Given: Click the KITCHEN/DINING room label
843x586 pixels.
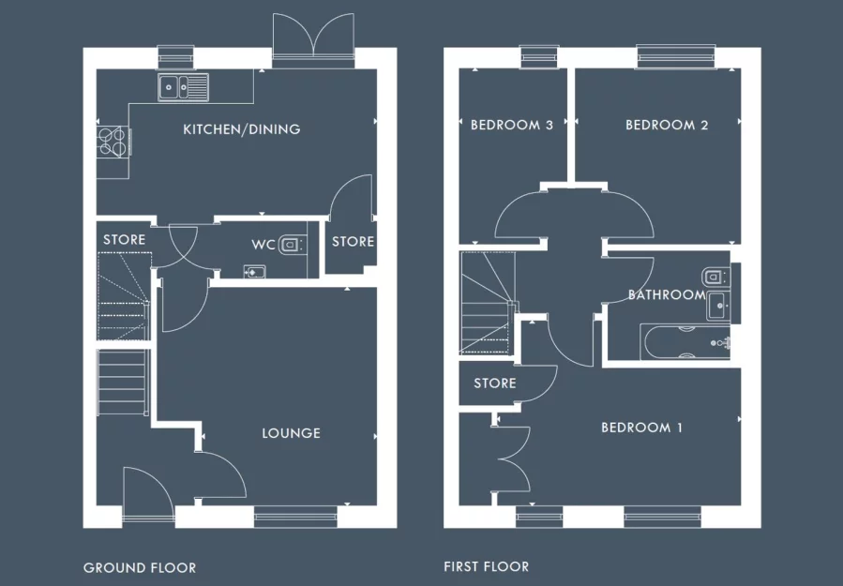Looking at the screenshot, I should [242, 129].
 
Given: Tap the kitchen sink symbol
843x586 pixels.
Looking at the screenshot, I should [186, 86].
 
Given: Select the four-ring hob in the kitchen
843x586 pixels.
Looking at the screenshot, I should [113, 141].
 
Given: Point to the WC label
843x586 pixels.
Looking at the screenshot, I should [263, 245].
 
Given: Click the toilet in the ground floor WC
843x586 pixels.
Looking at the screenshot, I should [293, 245].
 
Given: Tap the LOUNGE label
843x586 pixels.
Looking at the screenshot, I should [291, 433].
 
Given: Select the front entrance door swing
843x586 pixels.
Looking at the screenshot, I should [145, 492].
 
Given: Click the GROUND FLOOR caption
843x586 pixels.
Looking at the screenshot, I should [140, 567].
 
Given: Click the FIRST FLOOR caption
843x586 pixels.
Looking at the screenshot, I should [486, 566].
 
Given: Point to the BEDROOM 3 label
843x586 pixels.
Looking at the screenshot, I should [511, 125].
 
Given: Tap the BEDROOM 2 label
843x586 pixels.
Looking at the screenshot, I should [667, 125].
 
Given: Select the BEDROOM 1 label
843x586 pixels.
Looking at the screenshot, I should [641, 428].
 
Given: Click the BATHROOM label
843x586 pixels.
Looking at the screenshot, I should [666, 294].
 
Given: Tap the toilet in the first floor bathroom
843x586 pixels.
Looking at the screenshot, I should [715, 277].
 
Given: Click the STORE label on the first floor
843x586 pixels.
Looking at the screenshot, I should [494, 383].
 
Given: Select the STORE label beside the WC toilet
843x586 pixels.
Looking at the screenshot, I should [353, 242].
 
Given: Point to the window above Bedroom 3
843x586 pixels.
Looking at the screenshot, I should [539, 57].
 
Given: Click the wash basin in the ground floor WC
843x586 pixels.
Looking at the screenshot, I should [254, 272].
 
